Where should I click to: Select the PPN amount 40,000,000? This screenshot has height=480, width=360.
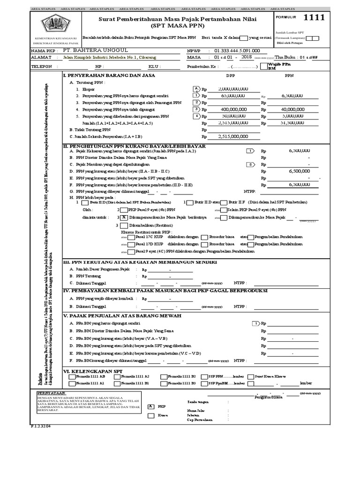(293, 109)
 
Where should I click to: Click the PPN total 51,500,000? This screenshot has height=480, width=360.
(293, 123)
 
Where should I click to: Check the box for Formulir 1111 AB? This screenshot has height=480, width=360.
(71, 376)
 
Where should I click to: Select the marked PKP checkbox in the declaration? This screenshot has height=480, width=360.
(150, 406)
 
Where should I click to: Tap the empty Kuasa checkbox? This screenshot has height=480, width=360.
(150, 415)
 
